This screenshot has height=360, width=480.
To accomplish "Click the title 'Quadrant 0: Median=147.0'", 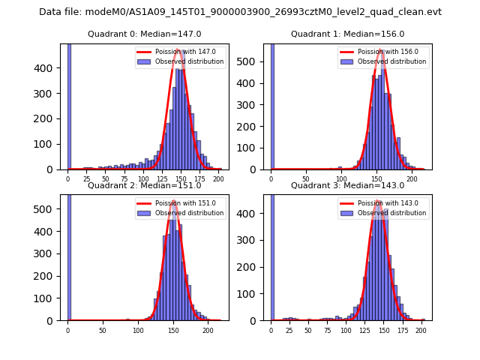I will click(x=144, y=34).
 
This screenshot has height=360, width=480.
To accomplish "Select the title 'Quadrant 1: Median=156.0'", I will click(x=347, y=34).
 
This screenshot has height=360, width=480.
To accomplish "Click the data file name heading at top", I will click(x=240, y=12).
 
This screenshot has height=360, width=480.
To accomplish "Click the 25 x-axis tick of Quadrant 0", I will click(x=87, y=180).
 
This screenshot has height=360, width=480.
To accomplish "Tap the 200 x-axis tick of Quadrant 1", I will click(x=411, y=180).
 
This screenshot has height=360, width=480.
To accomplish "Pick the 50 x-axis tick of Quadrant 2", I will click(x=103, y=331).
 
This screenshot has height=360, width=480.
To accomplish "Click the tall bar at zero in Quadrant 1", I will click(x=271, y=105).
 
